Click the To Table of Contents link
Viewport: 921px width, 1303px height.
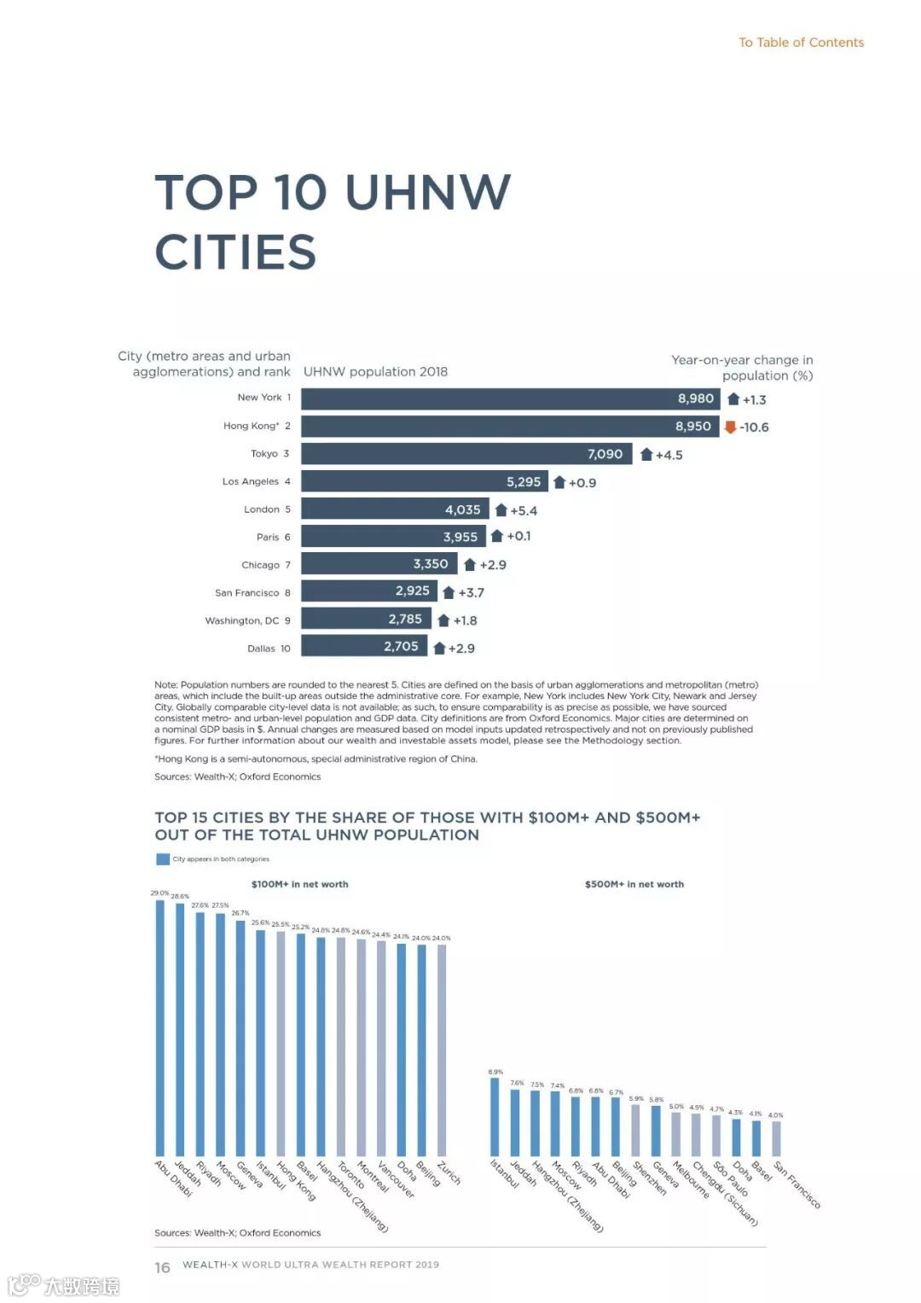(x=801, y=43)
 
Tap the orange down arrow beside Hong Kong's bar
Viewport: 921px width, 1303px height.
(x=730, y=427)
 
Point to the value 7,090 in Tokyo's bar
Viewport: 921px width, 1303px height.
(x=605, y=454)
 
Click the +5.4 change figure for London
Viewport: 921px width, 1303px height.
(x=524, y=510)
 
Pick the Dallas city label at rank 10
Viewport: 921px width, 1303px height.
(x=261, y=649)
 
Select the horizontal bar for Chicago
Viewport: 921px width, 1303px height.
(x=379, y=564)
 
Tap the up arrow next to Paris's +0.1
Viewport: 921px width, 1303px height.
(x=497, y=536)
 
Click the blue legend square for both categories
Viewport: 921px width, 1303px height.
(x=163, y=859)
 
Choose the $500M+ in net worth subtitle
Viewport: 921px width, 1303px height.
(x=634, y=884)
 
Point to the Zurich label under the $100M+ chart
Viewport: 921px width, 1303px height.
(x=449, y=1172)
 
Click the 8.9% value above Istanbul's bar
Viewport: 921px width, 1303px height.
(x=495, y=1072)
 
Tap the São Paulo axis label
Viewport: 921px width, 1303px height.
(x=731, y=1178)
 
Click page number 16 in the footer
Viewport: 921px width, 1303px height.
(x=162, y=1267)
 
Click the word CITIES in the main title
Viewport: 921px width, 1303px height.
(x=235, y=253)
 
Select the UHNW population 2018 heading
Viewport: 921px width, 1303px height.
(x=375, y=371)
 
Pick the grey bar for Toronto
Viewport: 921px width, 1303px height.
(x=341, y=1046)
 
